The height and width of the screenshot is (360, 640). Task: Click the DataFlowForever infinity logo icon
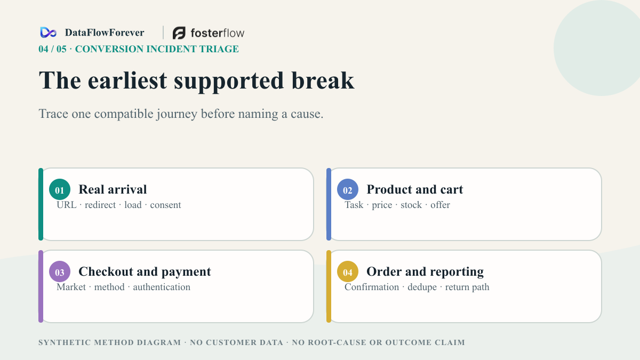[x=49, y=33]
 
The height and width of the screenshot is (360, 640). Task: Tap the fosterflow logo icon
[x=179, y=33]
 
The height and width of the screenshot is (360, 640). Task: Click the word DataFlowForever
[x=105, y=33]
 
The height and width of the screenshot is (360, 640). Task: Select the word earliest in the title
[x=127, y=81]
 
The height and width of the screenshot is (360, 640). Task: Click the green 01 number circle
[x=60, y=189]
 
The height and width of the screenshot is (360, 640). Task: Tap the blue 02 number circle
[x=348, y=189]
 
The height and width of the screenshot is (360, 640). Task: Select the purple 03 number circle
[x=60, y=271]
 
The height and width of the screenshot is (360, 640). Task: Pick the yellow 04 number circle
[x=348, y=271]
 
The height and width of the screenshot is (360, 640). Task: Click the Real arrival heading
[x=113, y=189]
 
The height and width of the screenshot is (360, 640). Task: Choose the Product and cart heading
[x=415, y=189]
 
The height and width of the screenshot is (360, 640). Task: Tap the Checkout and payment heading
[x=145, y=271]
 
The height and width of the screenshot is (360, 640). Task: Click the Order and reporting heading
[x=425, y=271]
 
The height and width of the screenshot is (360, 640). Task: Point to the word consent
[x=166, y=205]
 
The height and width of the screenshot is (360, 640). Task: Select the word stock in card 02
[x=411, y=205]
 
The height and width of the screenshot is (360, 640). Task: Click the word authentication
[x=162, y=287]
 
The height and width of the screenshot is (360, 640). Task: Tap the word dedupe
[x=422, y=287]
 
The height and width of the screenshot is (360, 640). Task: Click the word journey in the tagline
[x=177, y=114]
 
